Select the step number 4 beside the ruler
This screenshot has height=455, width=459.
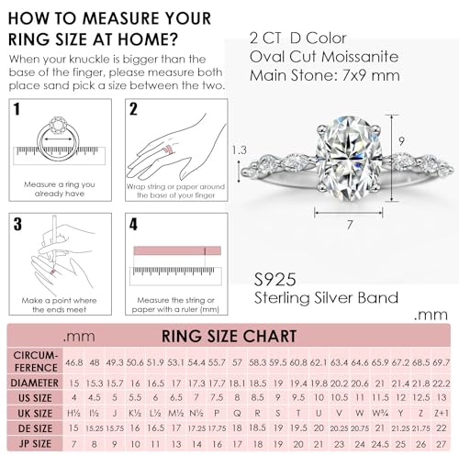coord(133,223)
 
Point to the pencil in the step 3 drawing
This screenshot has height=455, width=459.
coord(53,240)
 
